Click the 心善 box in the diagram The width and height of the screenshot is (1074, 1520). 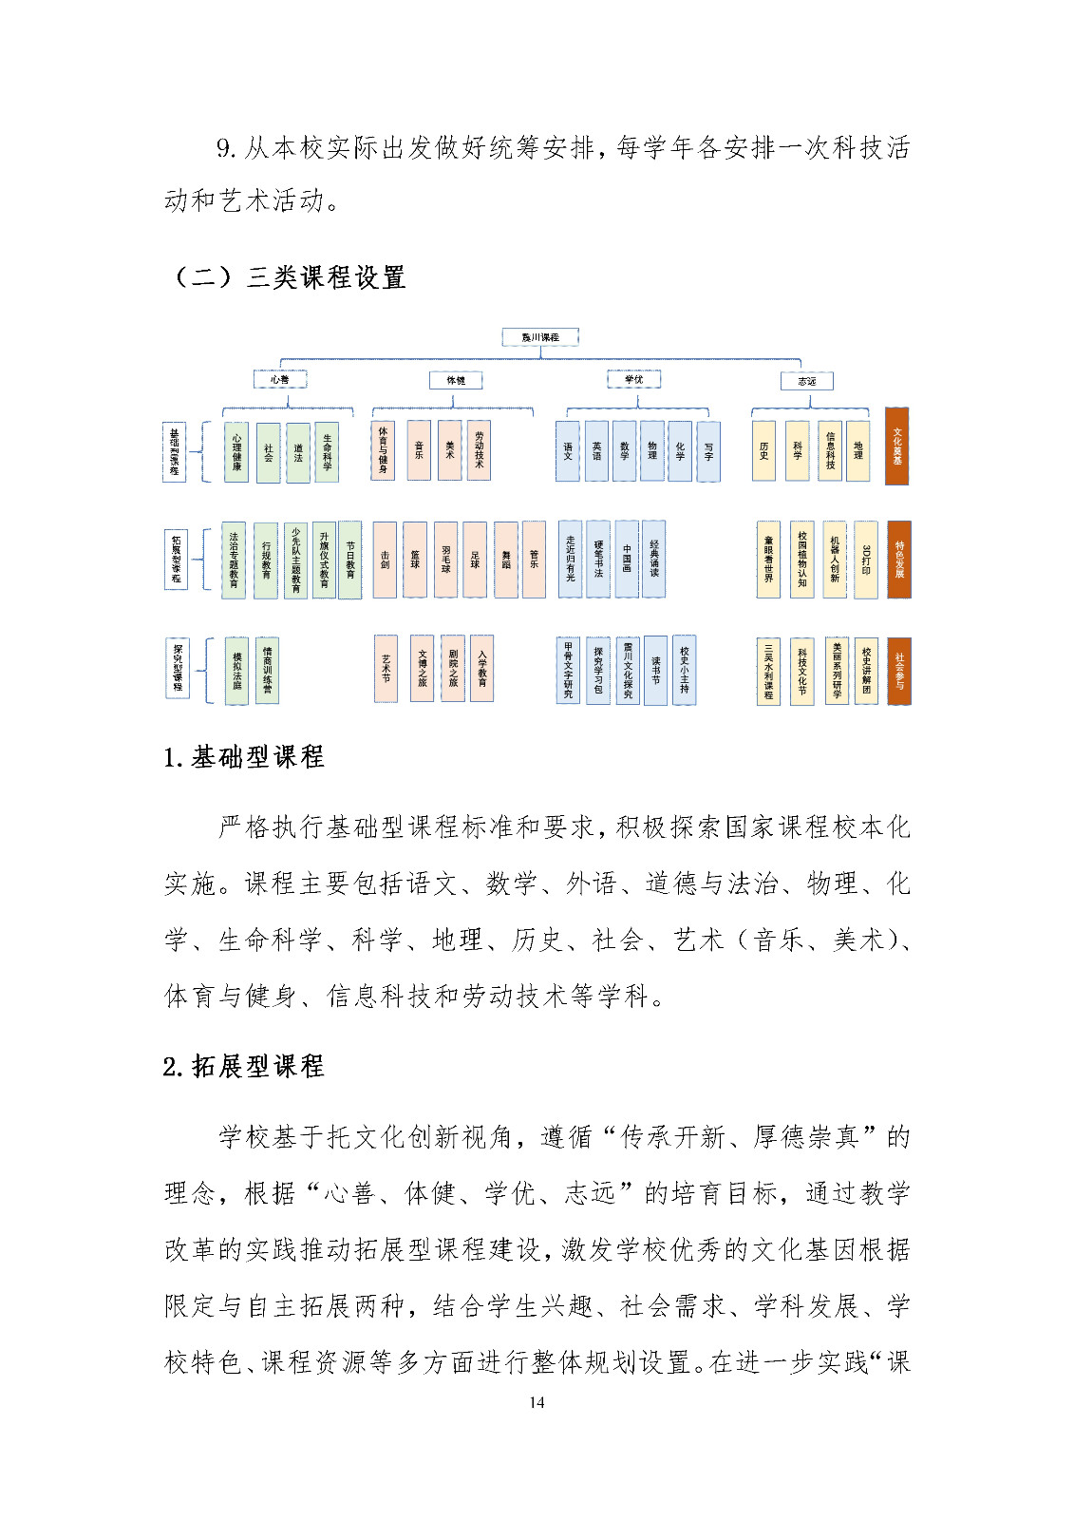(279, 379)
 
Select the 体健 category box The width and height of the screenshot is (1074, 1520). (456, 380)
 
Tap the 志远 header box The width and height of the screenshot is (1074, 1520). (806, 381)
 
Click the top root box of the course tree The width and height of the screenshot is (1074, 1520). (540, 337)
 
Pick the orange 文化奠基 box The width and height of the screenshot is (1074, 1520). (897, 446)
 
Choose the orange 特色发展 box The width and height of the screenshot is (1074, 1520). (898, 560)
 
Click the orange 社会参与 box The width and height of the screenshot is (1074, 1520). (898, 671)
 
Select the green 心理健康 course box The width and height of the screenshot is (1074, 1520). (236, 452)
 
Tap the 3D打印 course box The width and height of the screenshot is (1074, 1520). (866, 560)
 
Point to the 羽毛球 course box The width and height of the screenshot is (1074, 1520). (445, 560)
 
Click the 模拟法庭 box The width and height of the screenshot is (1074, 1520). (236, 671)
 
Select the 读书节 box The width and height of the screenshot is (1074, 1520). (655, 671)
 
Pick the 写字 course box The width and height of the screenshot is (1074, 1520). (708, 451)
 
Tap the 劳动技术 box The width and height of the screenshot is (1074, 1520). (479, 450)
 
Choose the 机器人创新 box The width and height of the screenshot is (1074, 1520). (835, 560)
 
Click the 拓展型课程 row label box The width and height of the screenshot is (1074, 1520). (176, 560)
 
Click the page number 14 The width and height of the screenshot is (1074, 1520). (537, 1402)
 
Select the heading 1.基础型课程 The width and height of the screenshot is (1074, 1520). (244, 757)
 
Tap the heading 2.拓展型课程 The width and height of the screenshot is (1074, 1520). (244, 1066)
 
